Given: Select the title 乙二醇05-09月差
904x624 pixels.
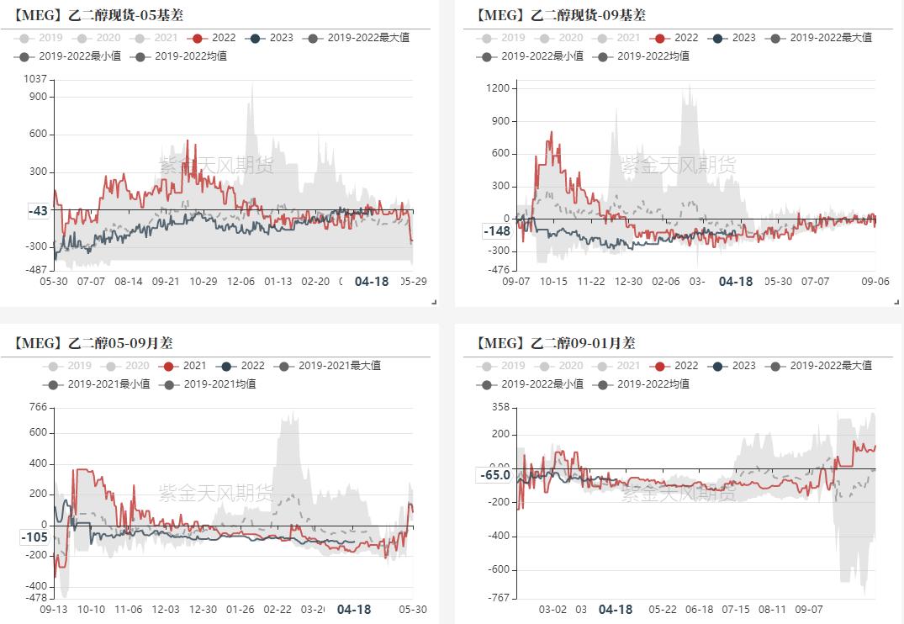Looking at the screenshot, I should click(x=93, y=342).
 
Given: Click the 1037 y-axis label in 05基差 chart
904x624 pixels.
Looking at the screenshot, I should click(x=35, y=79).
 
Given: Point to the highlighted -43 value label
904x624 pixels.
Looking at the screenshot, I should click(x=38, y=211).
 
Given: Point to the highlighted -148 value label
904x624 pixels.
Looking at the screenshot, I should click(x=496, y=231).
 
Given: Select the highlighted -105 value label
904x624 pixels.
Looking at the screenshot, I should click(x=34, y=537).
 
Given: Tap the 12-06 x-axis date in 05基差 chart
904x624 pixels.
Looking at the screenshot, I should click(x=242, y=282).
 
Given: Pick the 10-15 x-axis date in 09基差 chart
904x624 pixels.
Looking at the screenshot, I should click(x=553, y=282).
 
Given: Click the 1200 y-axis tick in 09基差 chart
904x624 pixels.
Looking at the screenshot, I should click(x=501, y=88).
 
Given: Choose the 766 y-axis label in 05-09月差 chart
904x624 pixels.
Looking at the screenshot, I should click(x=38, y=408).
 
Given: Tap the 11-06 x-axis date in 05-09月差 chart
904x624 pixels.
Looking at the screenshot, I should click(x=128, y=610).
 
